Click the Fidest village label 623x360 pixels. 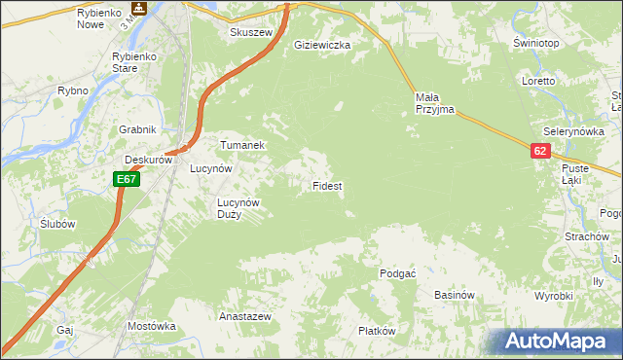(x=326, y=185)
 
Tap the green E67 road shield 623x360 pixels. (x=127, y=179)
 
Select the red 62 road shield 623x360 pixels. (x=541, y=151)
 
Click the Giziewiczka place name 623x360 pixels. (x=322, y=45)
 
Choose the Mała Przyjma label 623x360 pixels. (x=434, y=103)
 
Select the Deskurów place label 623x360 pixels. (x=148, y=160)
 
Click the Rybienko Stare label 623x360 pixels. (x=136, y=62)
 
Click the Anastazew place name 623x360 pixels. (x=244, y=317)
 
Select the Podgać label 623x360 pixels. (x=398, y=274)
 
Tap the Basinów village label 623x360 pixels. (x=454, y=295)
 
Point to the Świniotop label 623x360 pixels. (x=535, y=44)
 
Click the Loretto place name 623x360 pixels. (x=537, y=81)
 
